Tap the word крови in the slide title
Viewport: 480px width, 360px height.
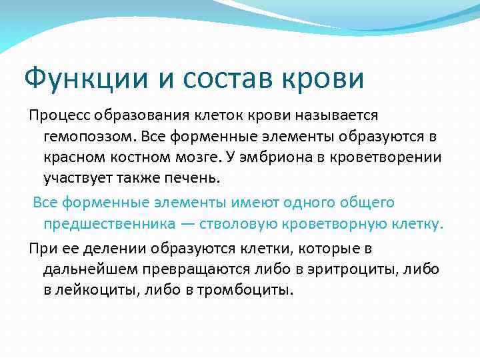pos(331,79)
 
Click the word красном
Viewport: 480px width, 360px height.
pos(75,159)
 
